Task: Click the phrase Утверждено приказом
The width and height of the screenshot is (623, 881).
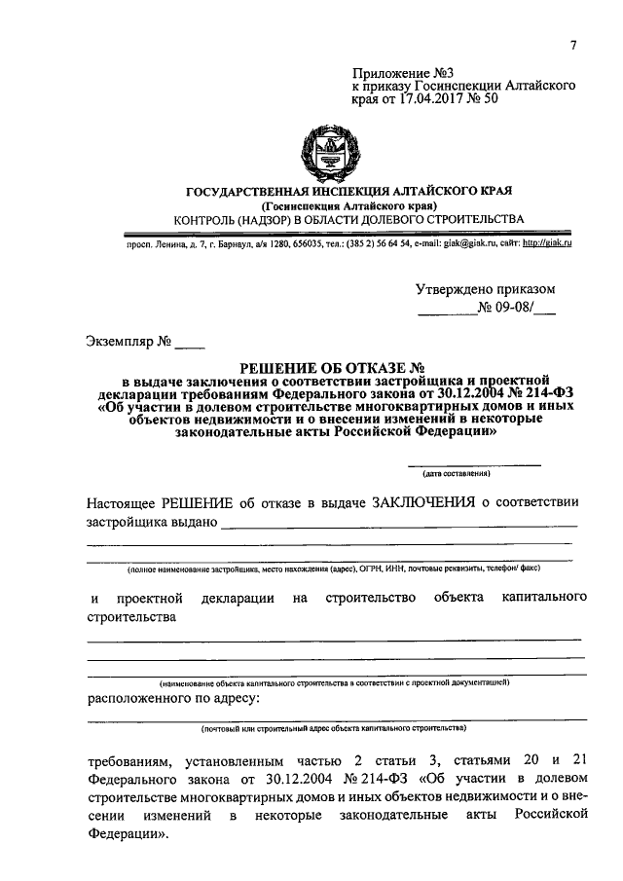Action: pos(485,289)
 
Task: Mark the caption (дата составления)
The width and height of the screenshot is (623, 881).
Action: pos(456,474)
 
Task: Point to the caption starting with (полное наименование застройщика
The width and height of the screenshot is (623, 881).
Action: pos(333,567)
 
